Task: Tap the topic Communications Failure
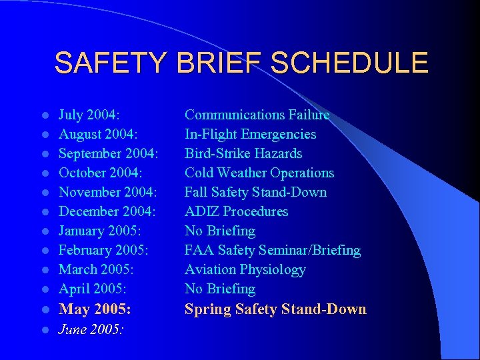[257, 115]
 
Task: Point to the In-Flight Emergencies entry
[250, 134]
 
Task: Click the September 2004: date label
[109, 153]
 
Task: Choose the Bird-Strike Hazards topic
[243, 153]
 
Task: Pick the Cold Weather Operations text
[259, 173]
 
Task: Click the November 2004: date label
[108, 192]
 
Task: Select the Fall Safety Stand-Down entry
[255, 192]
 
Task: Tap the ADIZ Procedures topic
[236, 211]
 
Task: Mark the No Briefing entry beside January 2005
[220, 231]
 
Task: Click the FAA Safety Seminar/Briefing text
[272, 250]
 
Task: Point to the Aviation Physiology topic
[245, 269]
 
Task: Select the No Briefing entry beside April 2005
[220, 289]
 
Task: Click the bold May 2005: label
[95, 309]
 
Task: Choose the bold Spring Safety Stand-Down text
[275, 309]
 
